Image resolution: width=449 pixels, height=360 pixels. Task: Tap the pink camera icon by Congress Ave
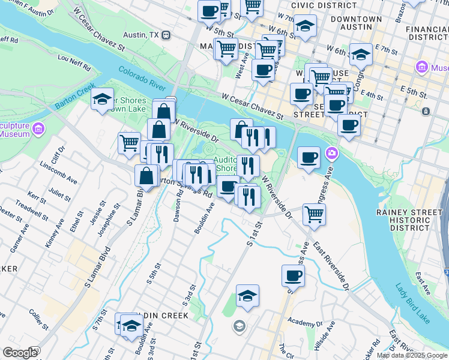tap(331, 154)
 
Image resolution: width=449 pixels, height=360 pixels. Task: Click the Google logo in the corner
tap(20, 353)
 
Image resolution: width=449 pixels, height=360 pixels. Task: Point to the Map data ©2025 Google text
tap(412, 355)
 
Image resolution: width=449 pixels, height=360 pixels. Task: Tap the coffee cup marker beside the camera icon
tap(309, 157)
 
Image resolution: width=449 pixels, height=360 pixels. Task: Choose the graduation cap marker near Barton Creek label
tap(103, 98)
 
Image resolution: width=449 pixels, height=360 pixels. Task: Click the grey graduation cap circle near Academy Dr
tap(239, 326)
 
